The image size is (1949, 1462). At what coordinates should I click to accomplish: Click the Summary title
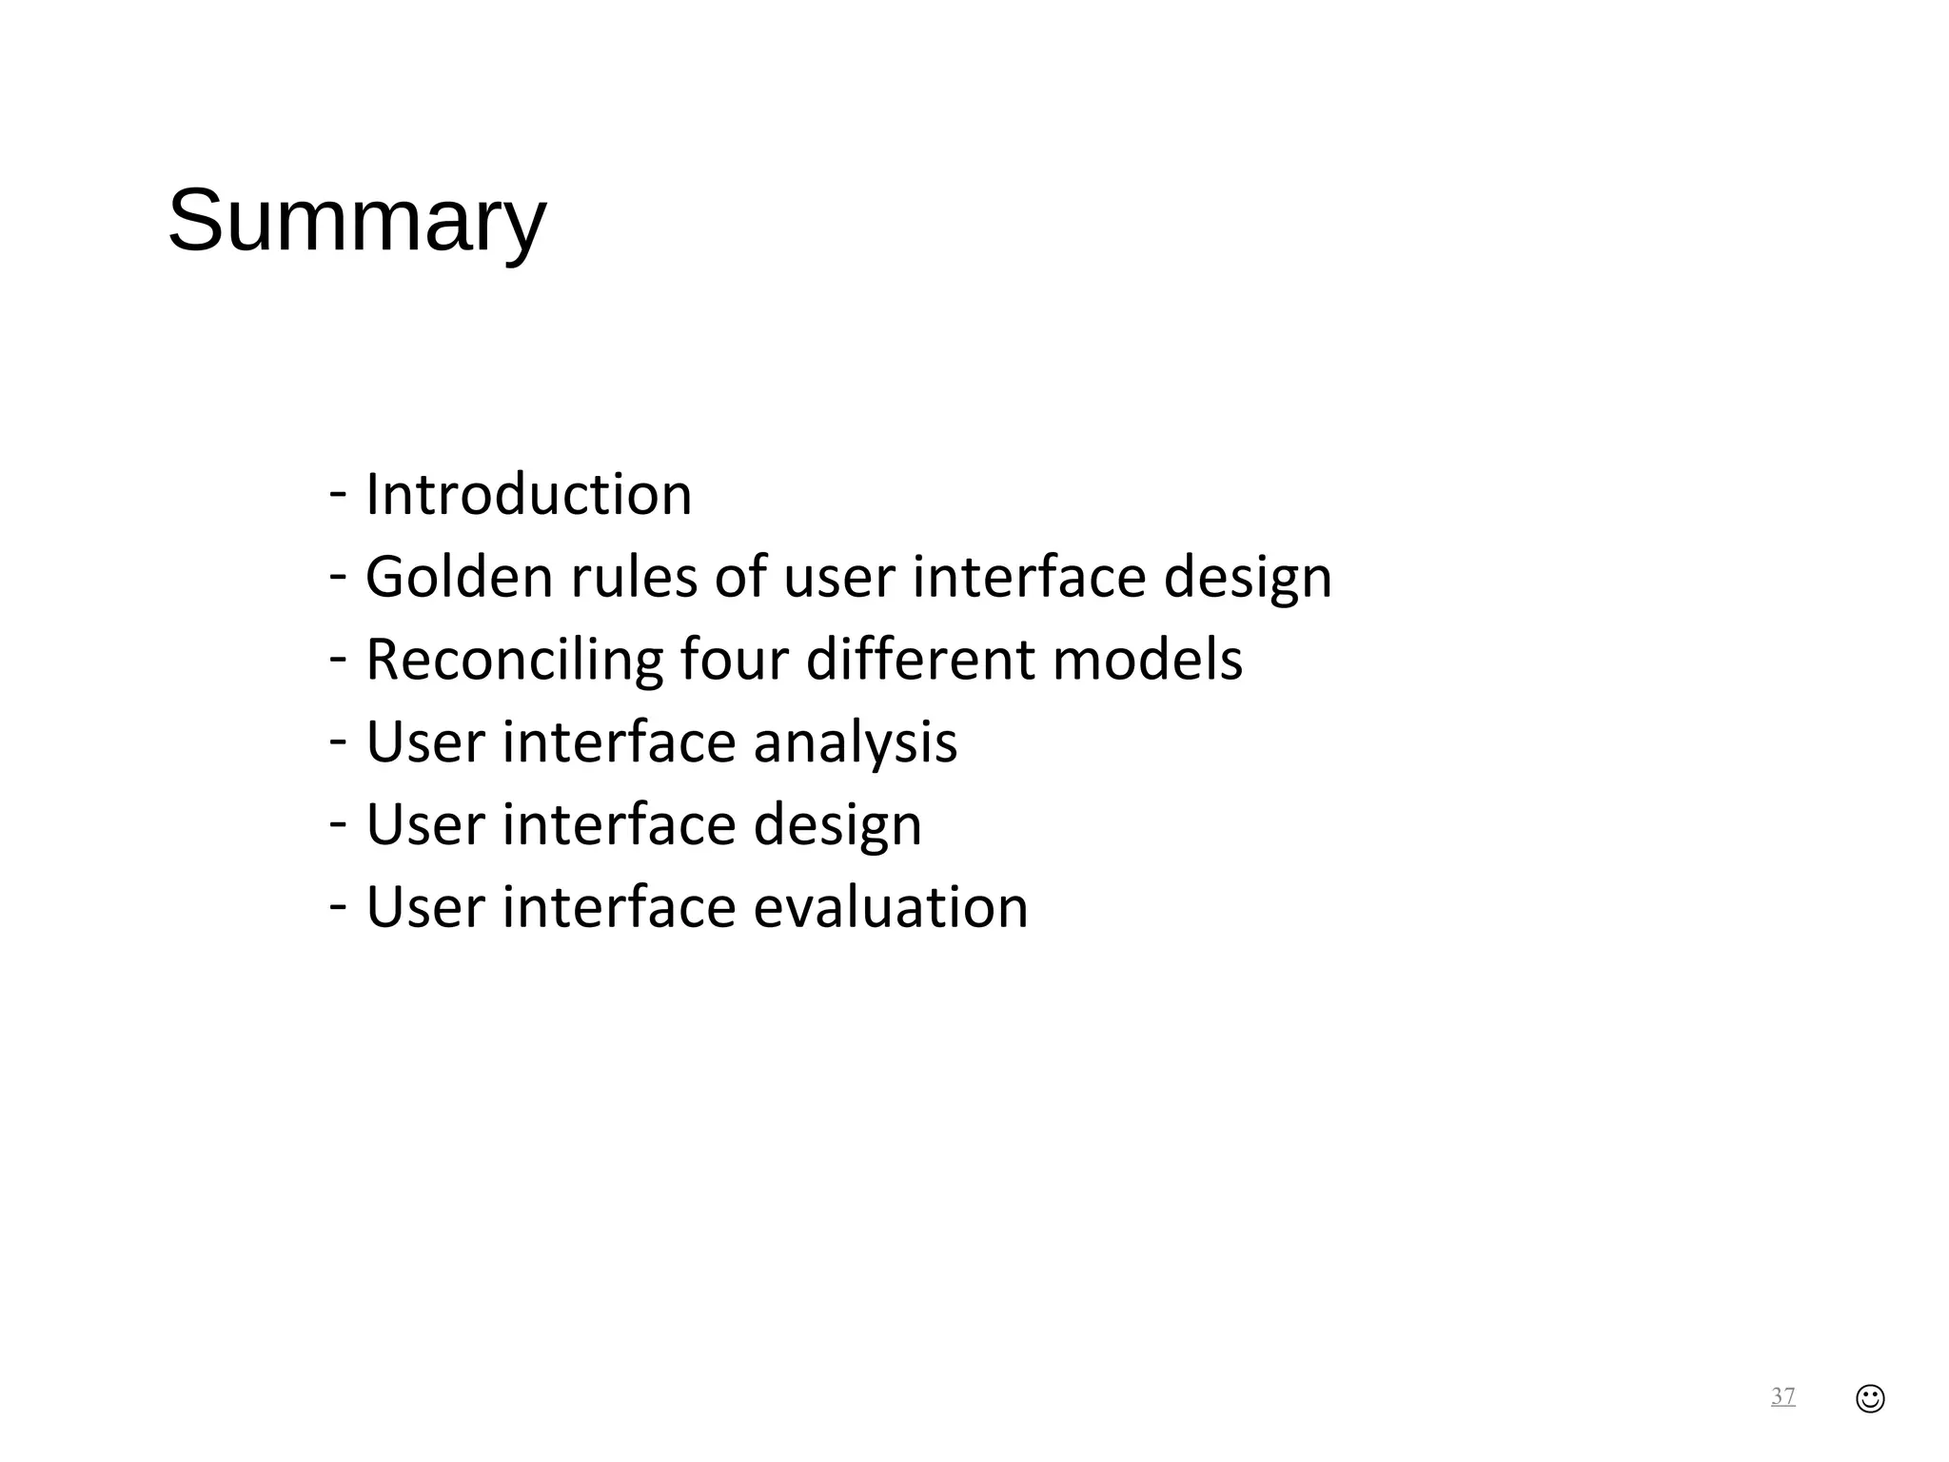pos(357,221)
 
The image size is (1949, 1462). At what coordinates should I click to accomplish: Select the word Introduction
pos(528,494)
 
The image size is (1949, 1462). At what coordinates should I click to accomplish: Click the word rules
pos(634,577)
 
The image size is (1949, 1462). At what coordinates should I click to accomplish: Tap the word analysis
pos(855,742)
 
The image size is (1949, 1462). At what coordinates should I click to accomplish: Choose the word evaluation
pos(890,907)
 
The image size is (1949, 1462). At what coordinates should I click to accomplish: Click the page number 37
pos(1782,1396)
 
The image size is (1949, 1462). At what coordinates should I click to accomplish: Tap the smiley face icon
pos(1870,1398)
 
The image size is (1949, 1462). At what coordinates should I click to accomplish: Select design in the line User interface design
pos(837,824)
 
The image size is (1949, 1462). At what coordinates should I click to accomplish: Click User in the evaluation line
pos(425,907)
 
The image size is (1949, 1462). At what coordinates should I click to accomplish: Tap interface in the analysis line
pos(619,742)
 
